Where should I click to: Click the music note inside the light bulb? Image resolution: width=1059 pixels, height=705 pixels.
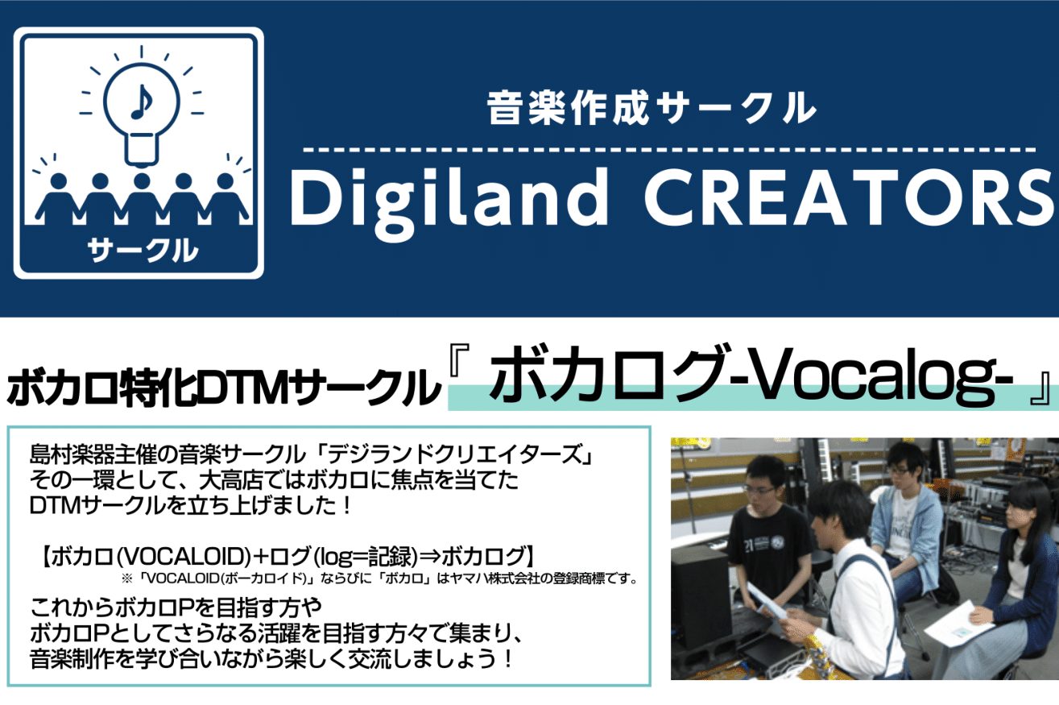pos(142,102)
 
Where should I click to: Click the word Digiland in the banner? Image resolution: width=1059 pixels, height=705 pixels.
pos(448,200)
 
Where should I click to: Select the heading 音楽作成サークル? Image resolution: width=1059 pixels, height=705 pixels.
pos(652,108)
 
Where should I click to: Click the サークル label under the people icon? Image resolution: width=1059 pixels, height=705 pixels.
pos(142,249)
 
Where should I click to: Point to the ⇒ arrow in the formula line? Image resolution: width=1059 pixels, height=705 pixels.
pos(428,557)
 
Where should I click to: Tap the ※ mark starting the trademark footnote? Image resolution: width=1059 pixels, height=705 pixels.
pos(126,579)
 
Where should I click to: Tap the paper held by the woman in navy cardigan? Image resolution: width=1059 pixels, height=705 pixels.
pos(956,624)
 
